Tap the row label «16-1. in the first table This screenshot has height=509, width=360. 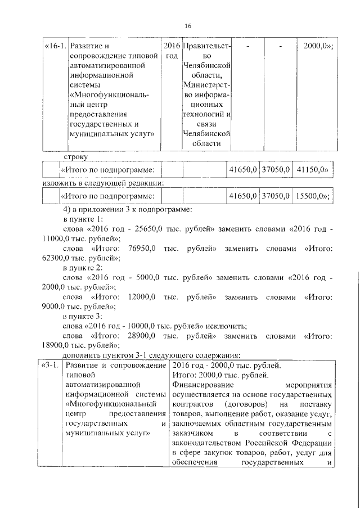(56, 46)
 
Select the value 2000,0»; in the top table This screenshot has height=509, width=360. (318, 46)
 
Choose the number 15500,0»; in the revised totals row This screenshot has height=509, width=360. (313, 196)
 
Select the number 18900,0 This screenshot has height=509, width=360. (56, 345)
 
